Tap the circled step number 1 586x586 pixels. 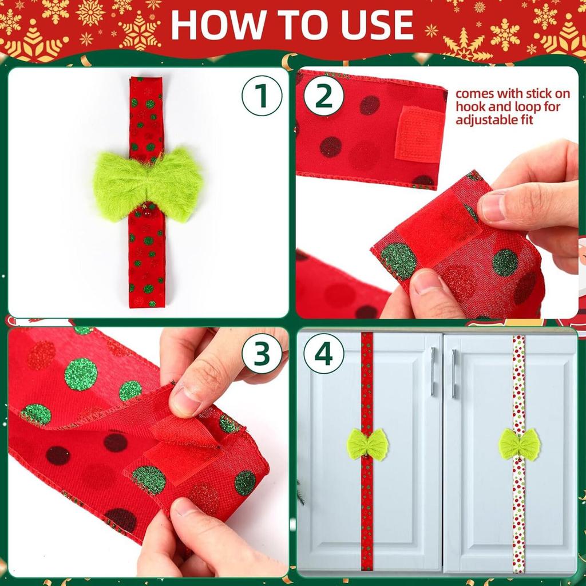(x=262, y=96)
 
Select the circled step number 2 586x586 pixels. (x=323, y=96)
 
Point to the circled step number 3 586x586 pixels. (x=262, y=354)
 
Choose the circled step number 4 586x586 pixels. (x=323, y=354)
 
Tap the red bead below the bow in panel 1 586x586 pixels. (x=146, y=212)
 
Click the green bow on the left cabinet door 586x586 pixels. (x=367, y=445)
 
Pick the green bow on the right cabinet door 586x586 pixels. (x=519, y=445)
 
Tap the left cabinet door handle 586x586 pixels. (x=433, y=372)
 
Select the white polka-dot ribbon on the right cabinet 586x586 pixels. (x=518, y=515)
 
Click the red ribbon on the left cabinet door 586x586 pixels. (x=367, y=515)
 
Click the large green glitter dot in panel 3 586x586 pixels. (x=81, y=373)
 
